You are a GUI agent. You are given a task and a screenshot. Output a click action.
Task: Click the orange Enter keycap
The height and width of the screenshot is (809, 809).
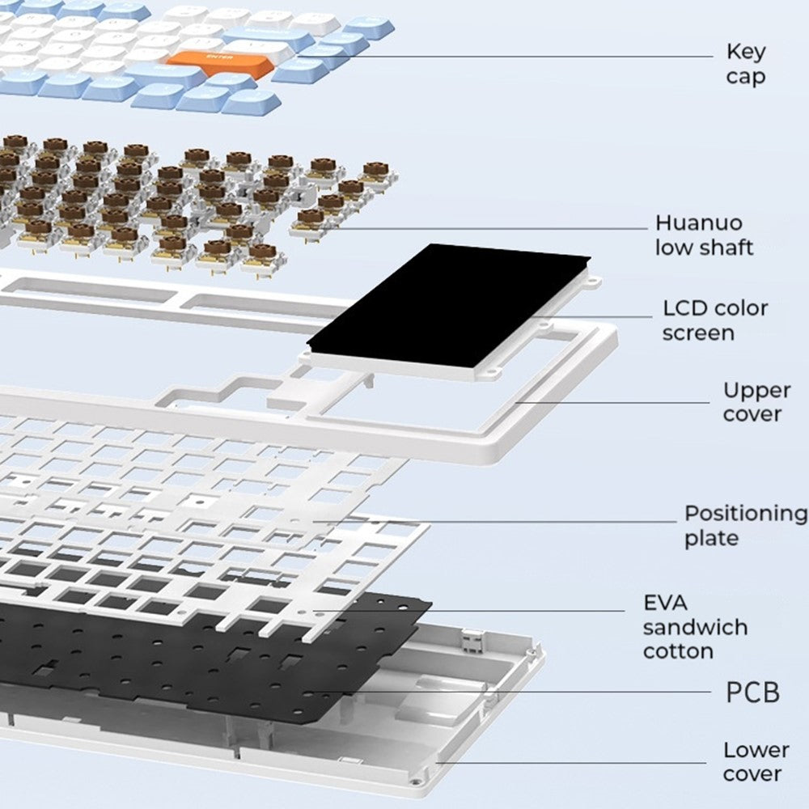217,61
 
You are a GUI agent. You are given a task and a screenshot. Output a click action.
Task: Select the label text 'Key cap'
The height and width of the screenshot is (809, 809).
745,64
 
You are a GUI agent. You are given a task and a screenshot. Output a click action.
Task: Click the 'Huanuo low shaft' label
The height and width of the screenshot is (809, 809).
703,235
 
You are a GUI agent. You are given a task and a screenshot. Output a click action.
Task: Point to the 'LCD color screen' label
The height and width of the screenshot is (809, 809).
715,320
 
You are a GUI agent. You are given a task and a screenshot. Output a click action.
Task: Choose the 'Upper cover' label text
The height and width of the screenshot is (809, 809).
756,402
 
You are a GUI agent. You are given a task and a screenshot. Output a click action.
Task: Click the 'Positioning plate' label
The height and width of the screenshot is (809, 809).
745,525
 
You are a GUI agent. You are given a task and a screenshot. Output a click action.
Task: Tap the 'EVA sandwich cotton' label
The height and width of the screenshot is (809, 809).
695,627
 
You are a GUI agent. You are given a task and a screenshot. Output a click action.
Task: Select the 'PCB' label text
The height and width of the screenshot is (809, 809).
752,693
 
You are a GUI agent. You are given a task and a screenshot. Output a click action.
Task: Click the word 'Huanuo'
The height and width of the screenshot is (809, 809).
698,222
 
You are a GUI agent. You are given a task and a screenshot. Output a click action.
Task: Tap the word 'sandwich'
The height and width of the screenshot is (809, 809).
695,627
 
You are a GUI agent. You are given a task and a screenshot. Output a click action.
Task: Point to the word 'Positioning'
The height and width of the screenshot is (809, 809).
745,513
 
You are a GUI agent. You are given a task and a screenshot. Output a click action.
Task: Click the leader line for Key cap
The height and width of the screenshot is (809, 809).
485,57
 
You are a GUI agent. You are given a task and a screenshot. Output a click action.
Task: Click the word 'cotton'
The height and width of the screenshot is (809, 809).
678,651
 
